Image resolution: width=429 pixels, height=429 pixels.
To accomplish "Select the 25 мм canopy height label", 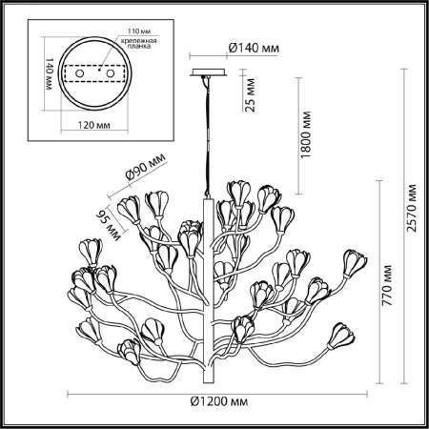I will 249,93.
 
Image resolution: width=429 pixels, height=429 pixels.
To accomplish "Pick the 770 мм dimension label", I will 385,274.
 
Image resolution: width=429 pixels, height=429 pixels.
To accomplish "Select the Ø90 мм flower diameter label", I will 144,174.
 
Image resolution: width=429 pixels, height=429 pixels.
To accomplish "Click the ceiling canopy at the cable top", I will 208,73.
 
